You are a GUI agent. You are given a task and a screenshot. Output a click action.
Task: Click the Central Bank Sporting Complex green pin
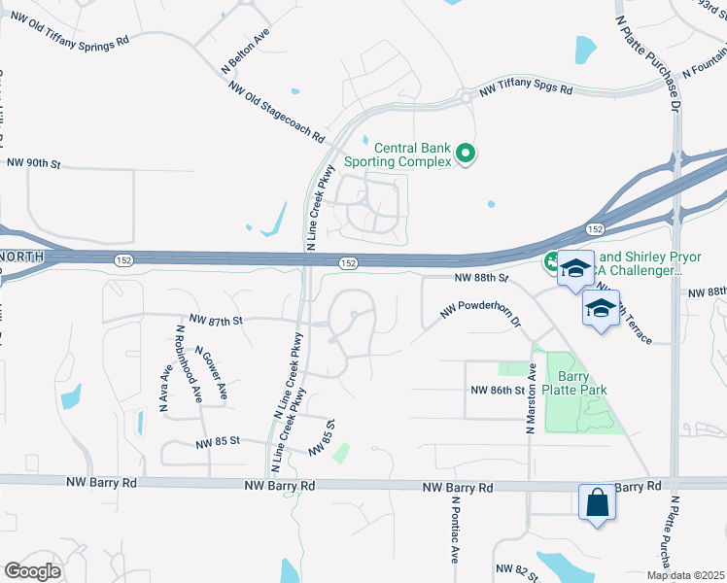click(x=466, y=154)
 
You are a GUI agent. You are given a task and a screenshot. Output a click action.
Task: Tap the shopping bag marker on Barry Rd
click(x=597, y=503)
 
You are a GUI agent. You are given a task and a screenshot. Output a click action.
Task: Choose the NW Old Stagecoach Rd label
click(x=276, y=112)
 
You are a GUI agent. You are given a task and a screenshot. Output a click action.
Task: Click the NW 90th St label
click(x=33, y=165)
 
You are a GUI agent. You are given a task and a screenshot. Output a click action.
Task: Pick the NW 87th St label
click(x=215, y=319)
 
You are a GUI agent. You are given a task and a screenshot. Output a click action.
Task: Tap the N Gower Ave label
click(x=211, y=374)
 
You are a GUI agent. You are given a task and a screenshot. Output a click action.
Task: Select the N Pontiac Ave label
click(x=454, y=531)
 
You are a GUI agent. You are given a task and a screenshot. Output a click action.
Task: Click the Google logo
click(x=33, y=571)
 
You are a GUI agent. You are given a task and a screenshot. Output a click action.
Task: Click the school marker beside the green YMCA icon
click(x=575, y=269)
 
